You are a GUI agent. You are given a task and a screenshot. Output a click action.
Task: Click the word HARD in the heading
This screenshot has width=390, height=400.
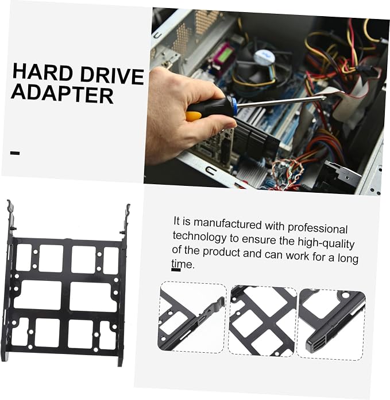tap(43, 73)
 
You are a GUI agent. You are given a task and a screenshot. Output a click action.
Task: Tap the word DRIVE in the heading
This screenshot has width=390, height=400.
tap(112, 76)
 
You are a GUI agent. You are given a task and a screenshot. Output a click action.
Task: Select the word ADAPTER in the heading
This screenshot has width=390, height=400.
tap(62, 94)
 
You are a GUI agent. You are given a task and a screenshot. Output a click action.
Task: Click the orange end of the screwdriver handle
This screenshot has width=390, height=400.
tap(194, 116)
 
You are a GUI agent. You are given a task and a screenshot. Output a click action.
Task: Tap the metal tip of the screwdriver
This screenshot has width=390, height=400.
tap(323, 98)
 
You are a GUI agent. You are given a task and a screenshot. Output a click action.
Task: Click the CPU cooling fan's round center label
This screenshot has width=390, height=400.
tap(264, 57)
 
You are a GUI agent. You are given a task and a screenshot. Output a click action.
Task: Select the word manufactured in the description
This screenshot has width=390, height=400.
tap(227, 224)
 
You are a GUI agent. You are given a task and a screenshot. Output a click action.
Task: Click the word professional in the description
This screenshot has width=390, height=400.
tap(318, 228)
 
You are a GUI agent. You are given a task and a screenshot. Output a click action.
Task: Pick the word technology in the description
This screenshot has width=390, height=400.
tap(199, 237)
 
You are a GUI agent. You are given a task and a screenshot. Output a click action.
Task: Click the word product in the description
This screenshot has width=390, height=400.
tap(222, 252)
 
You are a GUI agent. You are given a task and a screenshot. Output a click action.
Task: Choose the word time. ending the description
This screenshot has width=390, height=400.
tap(183, 264)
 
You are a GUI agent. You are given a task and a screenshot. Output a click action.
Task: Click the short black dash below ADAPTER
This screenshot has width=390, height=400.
tap(15, 153)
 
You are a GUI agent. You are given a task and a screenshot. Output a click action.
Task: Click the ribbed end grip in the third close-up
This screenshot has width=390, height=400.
tap(316, 344)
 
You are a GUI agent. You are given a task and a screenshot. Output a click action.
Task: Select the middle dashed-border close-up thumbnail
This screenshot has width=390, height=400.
tap(262, 321)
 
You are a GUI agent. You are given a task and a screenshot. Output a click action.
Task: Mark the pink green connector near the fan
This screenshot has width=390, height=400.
tap(222, 56)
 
